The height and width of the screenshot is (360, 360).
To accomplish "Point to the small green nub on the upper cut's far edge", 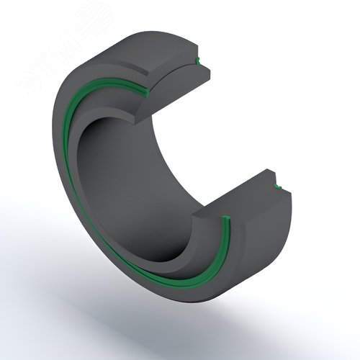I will point(201,63).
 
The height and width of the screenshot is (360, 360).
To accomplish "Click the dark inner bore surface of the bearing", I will point(137,187).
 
